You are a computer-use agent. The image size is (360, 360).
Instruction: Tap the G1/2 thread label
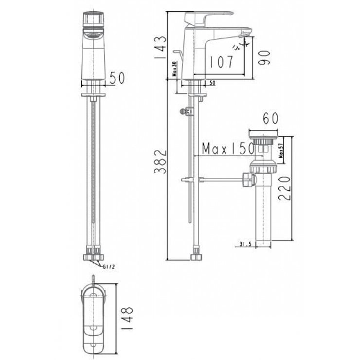click(x=109, y=266)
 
